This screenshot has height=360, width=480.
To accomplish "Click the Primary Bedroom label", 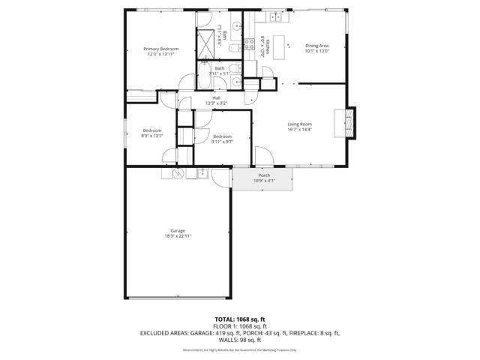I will [161, 49].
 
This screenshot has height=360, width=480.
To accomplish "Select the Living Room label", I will [300, 124].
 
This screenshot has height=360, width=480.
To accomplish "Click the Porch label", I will [264, 175].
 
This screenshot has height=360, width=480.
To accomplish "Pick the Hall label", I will [216, 97].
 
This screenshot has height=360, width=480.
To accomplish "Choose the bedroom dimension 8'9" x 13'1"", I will [152, 136].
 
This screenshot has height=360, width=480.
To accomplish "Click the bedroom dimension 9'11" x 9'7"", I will [222, 141].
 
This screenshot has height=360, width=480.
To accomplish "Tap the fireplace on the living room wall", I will [349, 124].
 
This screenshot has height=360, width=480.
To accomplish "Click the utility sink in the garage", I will [202, 173].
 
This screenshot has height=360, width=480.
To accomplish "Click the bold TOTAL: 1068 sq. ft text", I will [240, 319].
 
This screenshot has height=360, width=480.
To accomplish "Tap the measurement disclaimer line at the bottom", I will [240, 350].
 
